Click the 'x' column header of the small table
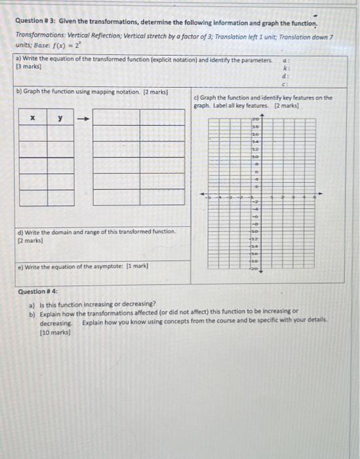pyautogui.click(x=32, y=118)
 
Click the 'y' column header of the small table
pyautogui.click(x=60, y=118)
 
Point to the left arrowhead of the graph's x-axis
pyautogui.click(x=203, y=195)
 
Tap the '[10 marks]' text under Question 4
pyautogui.click(x=55, y=332)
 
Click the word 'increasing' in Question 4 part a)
pyautogui.click(x=98, y=304)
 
